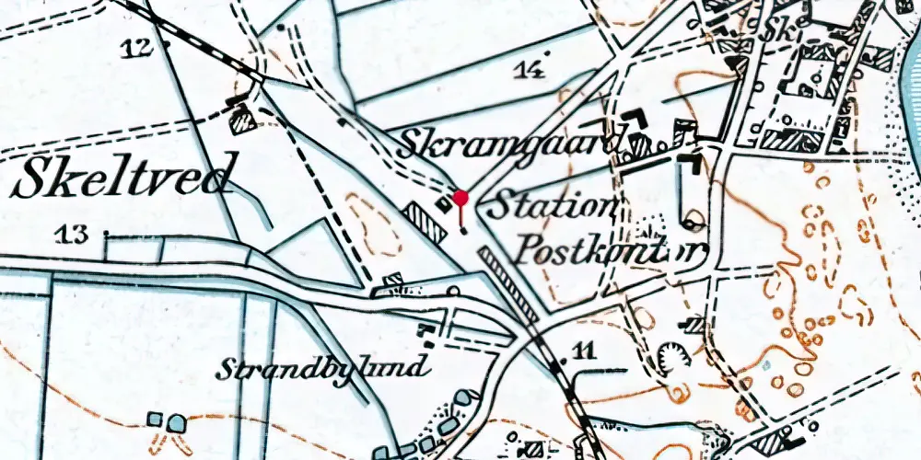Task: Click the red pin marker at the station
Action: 460,198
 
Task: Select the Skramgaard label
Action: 513,144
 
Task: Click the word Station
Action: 551,205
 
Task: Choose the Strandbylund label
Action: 323,369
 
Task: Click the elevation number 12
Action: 136,48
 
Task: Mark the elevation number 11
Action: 583,350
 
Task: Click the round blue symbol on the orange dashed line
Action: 176,422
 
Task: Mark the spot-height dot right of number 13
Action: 107,234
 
